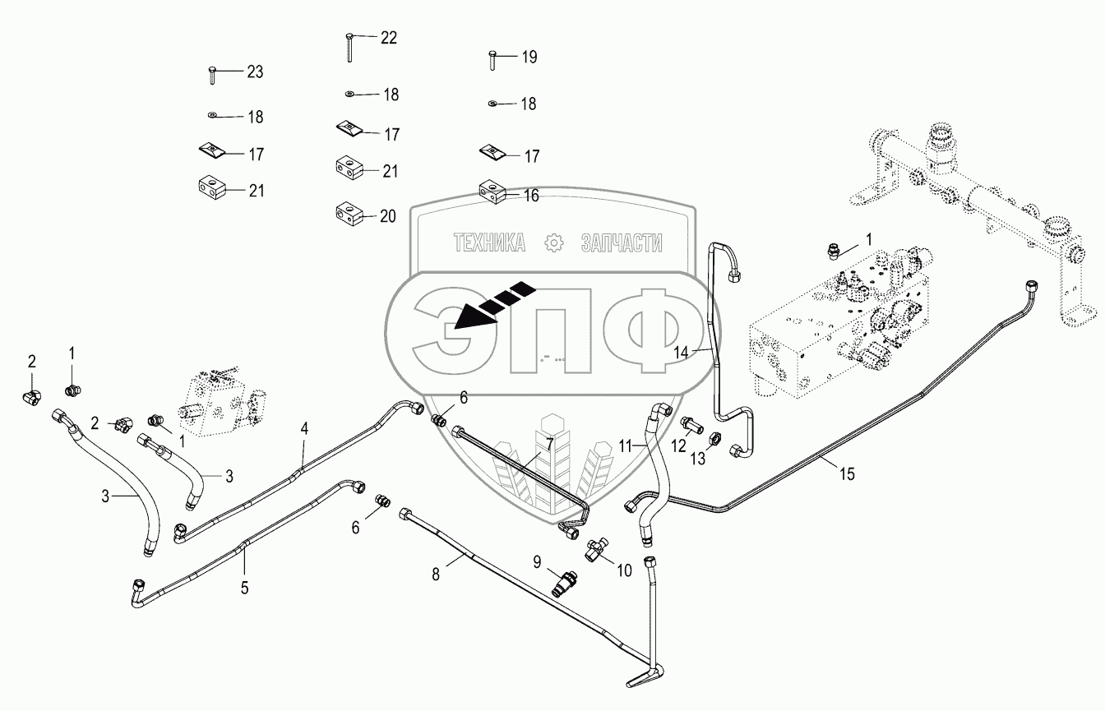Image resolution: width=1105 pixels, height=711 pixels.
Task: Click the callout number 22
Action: coord(388,38)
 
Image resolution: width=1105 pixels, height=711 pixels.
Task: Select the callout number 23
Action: coord(255,72)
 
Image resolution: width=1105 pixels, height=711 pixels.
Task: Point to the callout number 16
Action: coord(531,195)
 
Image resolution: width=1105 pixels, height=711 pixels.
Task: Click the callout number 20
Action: coord(388,216)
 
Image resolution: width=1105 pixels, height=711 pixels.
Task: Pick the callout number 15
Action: coord(847,474)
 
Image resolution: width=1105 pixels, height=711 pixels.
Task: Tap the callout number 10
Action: coord(624,570)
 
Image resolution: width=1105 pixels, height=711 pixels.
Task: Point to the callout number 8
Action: coord(437,575)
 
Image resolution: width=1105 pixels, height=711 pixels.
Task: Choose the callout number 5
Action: coord(244,588)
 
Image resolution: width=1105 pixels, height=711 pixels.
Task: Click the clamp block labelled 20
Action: coord(347,216)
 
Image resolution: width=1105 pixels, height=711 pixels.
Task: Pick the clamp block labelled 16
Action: coord(491,192)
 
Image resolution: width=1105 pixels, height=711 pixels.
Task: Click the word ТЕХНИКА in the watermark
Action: coord(491,242)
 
